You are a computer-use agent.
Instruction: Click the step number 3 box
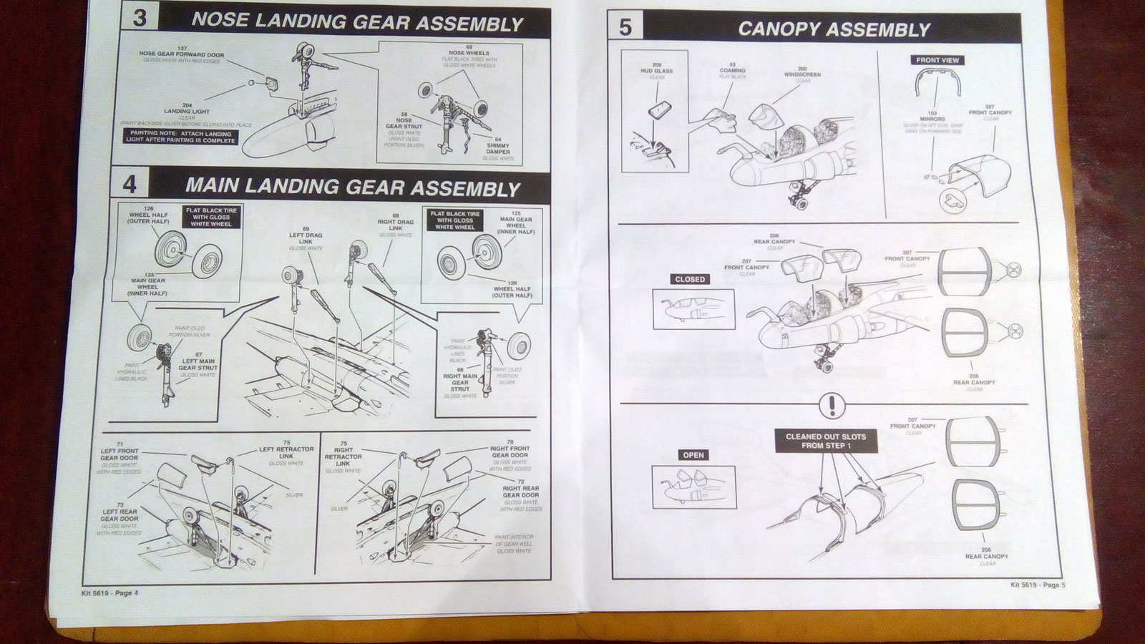coord(140,17)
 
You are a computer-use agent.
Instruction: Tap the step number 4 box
coord(130,185)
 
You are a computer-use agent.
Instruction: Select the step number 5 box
coord(625,27)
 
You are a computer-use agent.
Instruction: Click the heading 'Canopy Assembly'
coord(834,29)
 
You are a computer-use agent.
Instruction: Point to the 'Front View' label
coord(937,60)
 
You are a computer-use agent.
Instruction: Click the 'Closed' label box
coord(690,279)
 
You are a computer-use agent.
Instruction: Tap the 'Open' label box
coord(693,455)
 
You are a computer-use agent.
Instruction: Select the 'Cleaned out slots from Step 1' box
coord(825,441)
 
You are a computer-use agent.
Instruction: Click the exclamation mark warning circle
coord(831,406)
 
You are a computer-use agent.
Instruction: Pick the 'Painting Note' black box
coord(180,137)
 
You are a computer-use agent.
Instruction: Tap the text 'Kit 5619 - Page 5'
coord(1038,585)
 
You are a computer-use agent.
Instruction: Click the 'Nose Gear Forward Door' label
coord(181,54)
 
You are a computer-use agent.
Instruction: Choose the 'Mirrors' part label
coord(932,116)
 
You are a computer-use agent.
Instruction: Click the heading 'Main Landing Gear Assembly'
coord(352,187)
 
